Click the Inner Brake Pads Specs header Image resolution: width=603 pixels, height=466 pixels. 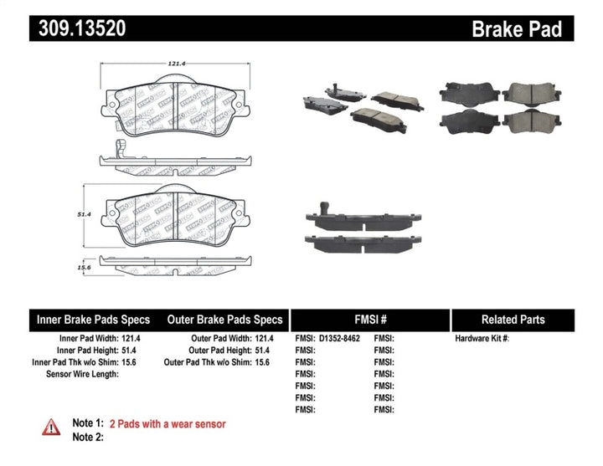pos(93,320)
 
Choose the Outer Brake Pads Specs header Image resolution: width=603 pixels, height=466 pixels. pos(224,320)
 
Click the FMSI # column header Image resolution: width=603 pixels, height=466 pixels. pos(369,320)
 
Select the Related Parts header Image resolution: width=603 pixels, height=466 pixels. pos(513,320)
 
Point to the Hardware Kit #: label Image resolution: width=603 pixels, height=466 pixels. pos(482,339)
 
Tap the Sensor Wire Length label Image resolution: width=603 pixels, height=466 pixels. pos(82,374)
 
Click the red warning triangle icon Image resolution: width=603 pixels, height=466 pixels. pos(51,428)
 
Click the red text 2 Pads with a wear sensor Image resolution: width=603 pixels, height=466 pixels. pos(168,424)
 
